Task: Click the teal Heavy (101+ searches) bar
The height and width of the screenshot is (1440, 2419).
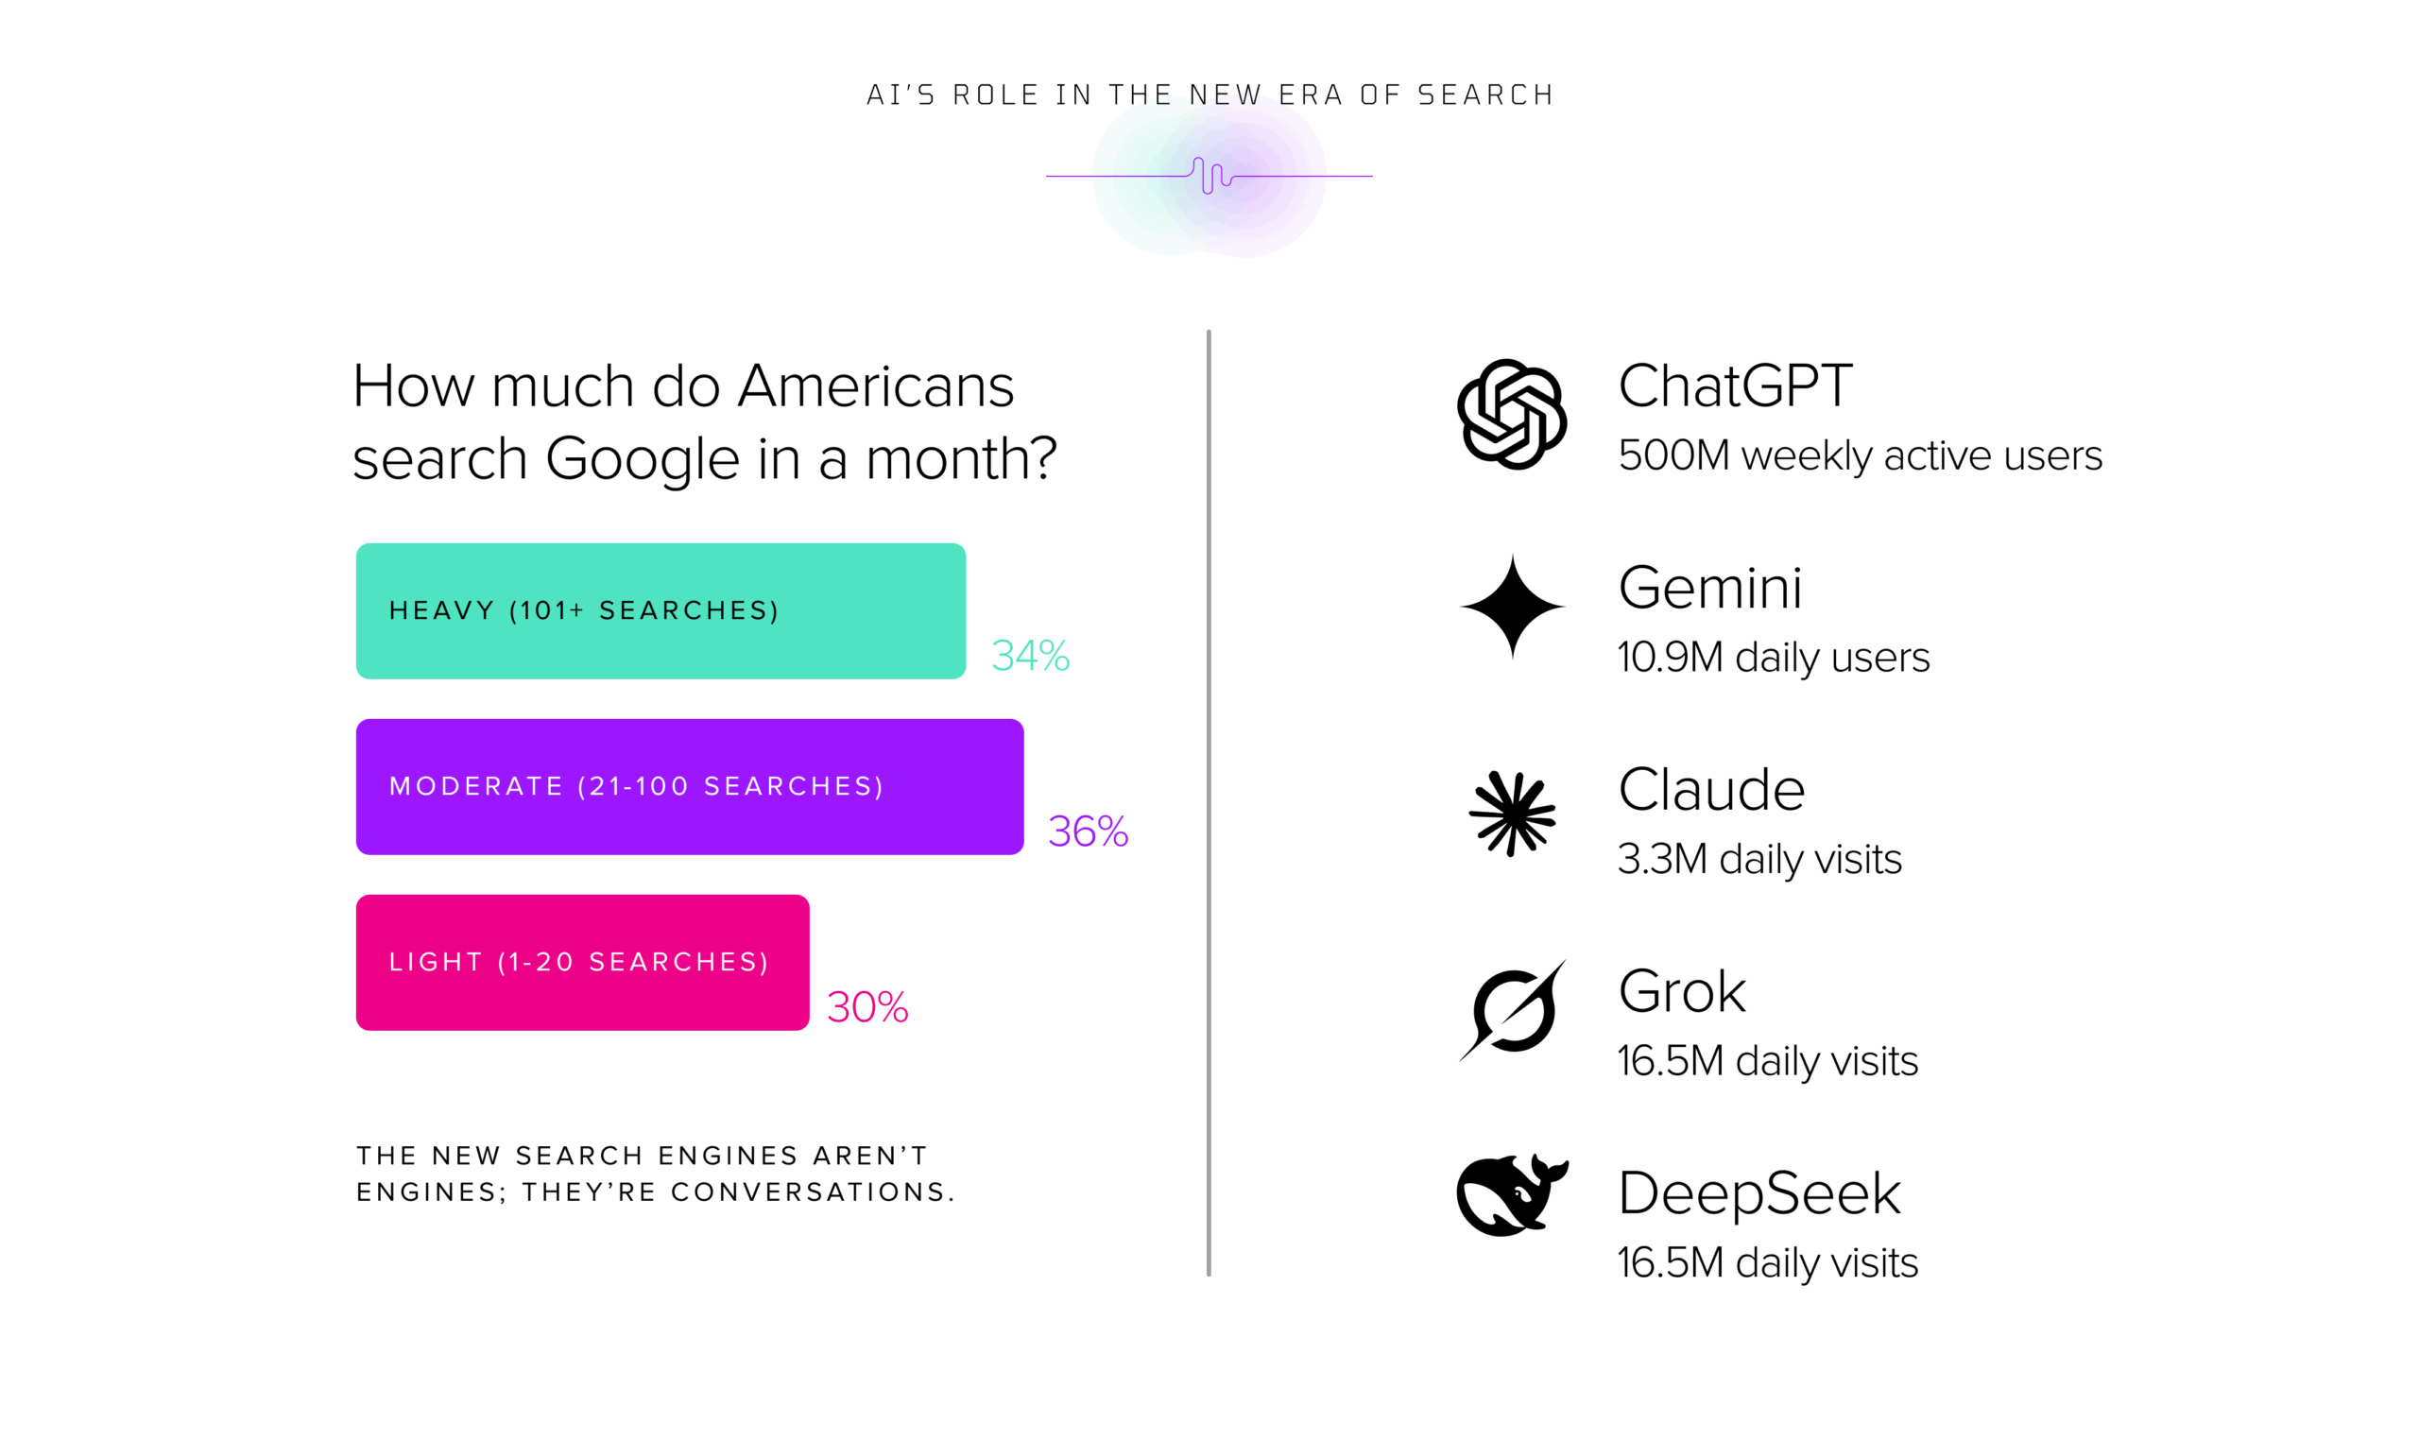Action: coord(661,610)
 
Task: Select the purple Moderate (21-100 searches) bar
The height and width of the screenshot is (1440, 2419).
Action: coord(690,787)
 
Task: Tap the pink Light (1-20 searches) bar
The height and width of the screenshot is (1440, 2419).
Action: coord(582,963)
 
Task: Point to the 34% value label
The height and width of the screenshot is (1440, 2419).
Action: coord(1031,656)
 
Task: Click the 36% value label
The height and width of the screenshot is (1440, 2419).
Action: coord(1088,831)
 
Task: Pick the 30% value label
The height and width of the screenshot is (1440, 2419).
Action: coord(867,1007)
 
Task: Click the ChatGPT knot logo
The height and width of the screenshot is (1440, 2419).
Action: coord(1512,415)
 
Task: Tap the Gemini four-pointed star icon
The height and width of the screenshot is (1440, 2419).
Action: coord(1512,607)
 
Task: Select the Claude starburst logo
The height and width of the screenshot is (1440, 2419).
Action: coord(1512,814)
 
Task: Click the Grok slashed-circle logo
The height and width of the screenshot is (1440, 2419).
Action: coord(1513,1011)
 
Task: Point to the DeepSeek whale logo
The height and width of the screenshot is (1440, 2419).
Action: coord(1512,1194)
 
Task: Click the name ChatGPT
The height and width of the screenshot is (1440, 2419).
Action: coord(1735,386)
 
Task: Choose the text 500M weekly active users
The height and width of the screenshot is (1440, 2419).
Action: coord(1861,456)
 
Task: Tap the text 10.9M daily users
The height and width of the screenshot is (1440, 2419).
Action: coord(1774,658)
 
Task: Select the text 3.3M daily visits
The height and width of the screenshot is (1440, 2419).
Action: coord(1759,860)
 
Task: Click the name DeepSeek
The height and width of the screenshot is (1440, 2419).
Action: coord(1759,1194)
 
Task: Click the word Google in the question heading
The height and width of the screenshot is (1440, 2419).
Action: coord(643,460)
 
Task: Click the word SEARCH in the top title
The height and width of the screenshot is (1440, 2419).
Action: coord(1485,95)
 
